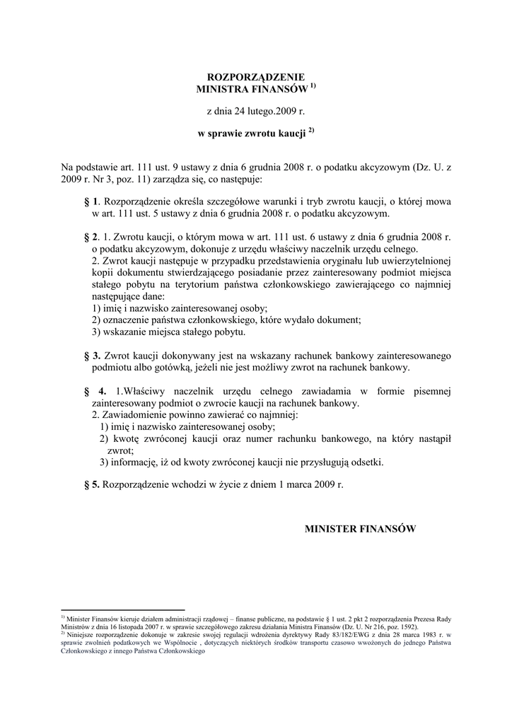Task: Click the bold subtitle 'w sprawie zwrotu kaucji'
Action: [251, 133]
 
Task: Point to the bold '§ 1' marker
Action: [90, 202]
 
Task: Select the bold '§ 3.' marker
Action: [92, 355]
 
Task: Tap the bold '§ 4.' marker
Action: [95, 391]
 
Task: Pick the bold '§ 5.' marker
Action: [92, 485]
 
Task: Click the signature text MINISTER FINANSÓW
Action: [360, 528]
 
